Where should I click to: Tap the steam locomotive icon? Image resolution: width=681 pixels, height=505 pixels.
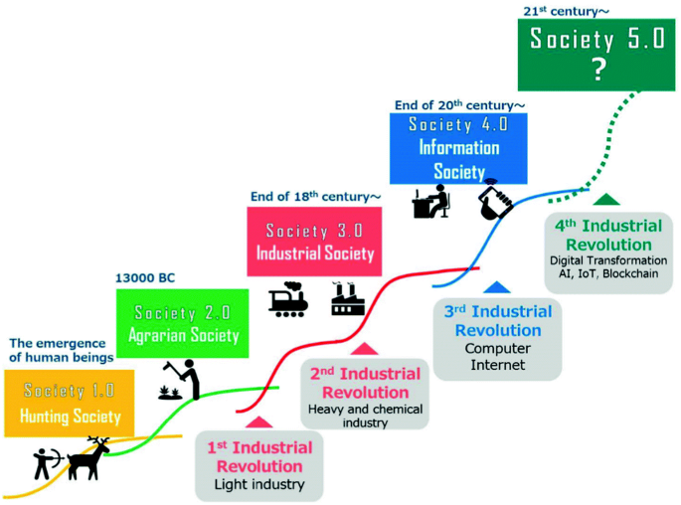[x=288, y=299]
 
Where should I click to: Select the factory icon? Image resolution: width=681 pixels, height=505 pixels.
[x=349, y=298]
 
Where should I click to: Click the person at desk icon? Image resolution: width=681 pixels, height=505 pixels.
[x=431, y=203]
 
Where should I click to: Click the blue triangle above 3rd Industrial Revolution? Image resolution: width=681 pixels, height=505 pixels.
[x=497, y=287]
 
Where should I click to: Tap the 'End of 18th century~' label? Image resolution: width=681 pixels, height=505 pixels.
[x=313, y=197]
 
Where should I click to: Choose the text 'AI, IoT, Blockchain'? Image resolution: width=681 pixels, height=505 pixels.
[x=604, y=273]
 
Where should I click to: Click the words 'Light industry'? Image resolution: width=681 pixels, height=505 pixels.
[x=258, y=485]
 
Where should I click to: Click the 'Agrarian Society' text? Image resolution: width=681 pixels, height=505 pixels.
[x=184, y=335]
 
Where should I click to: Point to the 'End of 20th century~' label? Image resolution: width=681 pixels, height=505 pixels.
[x=458, y=102]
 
